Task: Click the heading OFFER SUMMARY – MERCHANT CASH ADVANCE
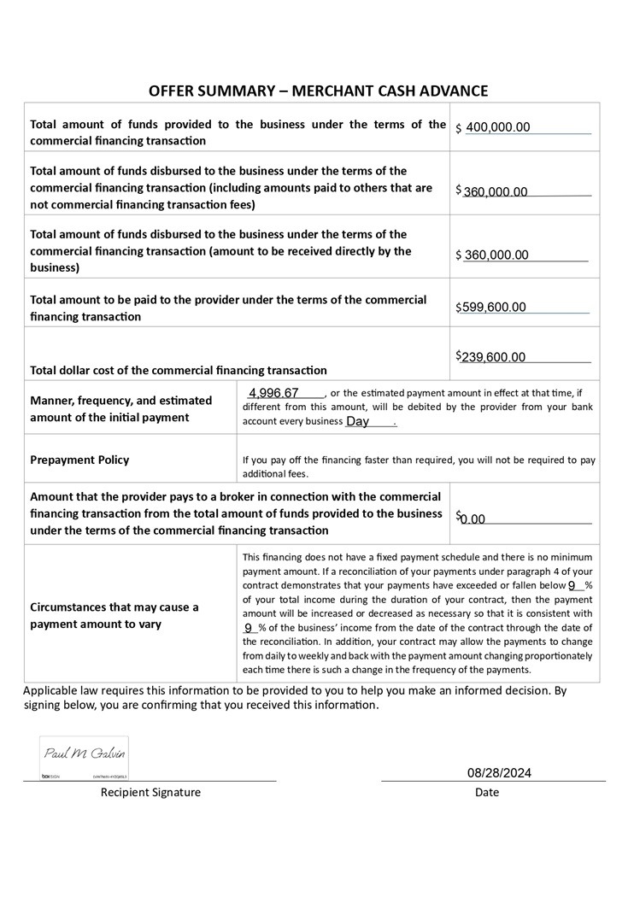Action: coord(318,91)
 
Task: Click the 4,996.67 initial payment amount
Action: coord(273,393)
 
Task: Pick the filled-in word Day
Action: coord(357,421)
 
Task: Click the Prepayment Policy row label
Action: coord(79,460)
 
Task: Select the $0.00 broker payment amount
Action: coord(471,519)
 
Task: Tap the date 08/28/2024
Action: coord(499,773)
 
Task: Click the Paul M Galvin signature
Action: coord(83,752)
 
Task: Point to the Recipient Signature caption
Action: coord(150,793)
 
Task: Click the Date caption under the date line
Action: coord(487,793)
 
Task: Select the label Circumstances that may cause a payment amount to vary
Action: coord(114,616)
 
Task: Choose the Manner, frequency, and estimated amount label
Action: coord(120,408)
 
